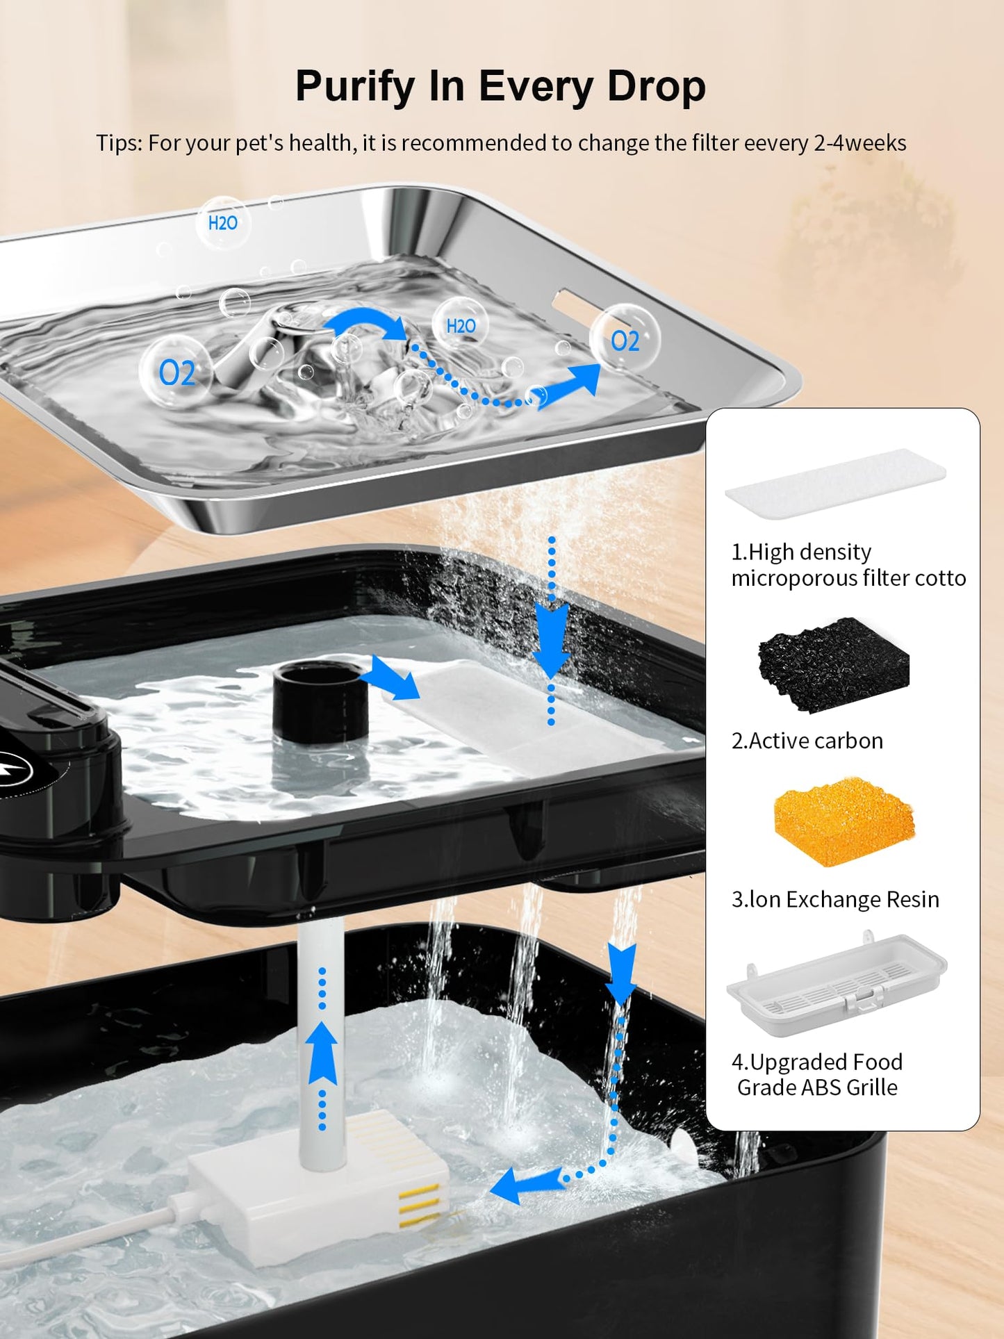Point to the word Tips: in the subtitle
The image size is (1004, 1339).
[119, 143]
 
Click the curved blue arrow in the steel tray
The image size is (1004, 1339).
[365, 322]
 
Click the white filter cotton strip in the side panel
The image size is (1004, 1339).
[835, 482]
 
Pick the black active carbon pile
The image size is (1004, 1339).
[833, 664]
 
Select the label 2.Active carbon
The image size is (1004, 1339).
[807, 741]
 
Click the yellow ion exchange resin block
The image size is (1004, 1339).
[844, 822]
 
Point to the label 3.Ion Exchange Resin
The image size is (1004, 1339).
[835, 899]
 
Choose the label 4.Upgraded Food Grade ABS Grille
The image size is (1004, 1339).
[817, 1074]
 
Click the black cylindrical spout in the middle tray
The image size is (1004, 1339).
[320, 701]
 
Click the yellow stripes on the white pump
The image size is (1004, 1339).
[420, 1205]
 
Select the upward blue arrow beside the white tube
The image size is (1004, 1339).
[322, 1052]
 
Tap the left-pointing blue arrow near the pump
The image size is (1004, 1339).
[526, 1185]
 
